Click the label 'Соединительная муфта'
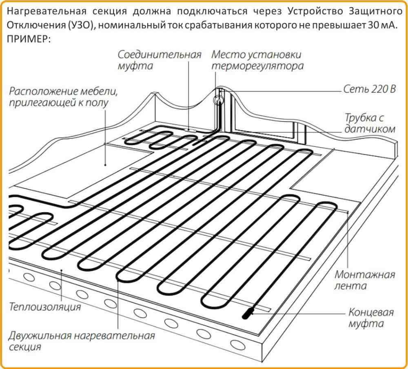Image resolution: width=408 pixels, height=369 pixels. click(x=160, y=60)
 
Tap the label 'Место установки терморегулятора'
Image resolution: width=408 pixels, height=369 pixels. click(x=257, y=60)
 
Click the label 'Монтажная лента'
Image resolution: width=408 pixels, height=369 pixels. click(x=365, y=280)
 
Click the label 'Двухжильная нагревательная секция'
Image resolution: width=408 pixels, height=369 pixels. click(x=82, y=341)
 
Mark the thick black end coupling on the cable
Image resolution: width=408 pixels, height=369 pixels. click(x=249, y=313)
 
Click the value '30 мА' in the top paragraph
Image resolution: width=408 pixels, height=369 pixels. click(x=382, y=26)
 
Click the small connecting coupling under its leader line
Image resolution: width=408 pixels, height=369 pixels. click(x=189, y=129)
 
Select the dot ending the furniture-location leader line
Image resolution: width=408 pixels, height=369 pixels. click(x=105, y=165)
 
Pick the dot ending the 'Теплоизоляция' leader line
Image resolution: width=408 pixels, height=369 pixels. click(x=61, y=270)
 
